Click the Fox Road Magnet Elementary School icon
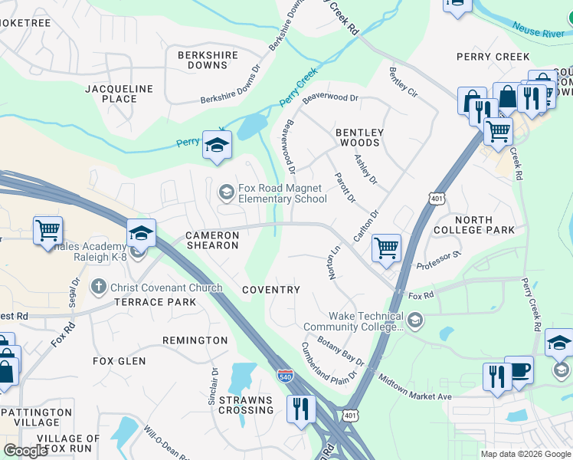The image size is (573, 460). (226, 192)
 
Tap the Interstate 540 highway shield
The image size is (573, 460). (283, 375)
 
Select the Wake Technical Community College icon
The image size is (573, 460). (414, 320)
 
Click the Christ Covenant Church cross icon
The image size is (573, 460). (98, 287)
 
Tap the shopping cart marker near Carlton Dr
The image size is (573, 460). (386, 247)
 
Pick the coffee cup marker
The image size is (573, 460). (519, 370)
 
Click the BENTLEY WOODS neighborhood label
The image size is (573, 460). (359, 137)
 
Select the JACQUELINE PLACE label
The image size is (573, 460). (121, 94)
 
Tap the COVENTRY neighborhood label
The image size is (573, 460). (271, 290)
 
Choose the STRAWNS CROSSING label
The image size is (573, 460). (246, 405)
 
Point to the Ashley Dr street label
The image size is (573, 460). (365, 169)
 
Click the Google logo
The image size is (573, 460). (25, 450)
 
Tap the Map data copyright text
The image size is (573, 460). (525, 454)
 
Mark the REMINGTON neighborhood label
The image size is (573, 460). (195, 340)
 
